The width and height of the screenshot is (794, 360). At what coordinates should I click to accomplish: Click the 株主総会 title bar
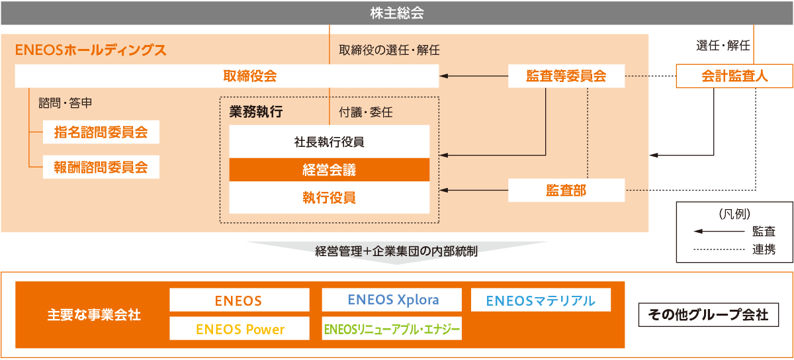[396, 13]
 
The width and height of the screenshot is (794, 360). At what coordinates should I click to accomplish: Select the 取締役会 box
[227, 76]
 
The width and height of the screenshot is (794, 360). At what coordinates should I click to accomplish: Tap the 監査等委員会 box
[566, 76]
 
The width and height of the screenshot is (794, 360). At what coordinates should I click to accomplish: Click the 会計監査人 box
[734, 76]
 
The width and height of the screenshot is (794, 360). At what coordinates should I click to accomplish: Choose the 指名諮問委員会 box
[101, 132]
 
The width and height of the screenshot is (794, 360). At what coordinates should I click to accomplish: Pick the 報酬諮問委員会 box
[101, 167]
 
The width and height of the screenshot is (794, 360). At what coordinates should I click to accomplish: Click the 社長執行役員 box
[330, 142]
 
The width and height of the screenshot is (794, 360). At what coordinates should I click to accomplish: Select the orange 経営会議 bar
[330, 169]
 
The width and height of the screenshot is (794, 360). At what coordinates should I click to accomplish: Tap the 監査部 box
[566, 190]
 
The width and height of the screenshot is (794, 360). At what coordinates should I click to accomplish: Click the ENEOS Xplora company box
[392, 300]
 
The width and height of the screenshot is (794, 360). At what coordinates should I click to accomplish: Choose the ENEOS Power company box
[240, 328]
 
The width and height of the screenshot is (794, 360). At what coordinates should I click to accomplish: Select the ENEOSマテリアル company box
[541, 300]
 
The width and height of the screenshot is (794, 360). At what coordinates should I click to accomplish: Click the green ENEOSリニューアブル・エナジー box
[392, 328]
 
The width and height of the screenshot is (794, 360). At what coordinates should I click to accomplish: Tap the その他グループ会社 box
[709, 314]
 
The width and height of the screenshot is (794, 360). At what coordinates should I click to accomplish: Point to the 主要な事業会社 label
[94, 314]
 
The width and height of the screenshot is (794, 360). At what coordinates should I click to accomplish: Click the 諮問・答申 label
[66, 103]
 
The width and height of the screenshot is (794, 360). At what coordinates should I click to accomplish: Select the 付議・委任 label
[366, 112]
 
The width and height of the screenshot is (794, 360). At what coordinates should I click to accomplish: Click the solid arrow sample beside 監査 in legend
[719, 231]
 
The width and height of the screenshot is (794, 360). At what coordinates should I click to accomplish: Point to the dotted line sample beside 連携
[719, 249]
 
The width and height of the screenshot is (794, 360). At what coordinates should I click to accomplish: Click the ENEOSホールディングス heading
[91, 50]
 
